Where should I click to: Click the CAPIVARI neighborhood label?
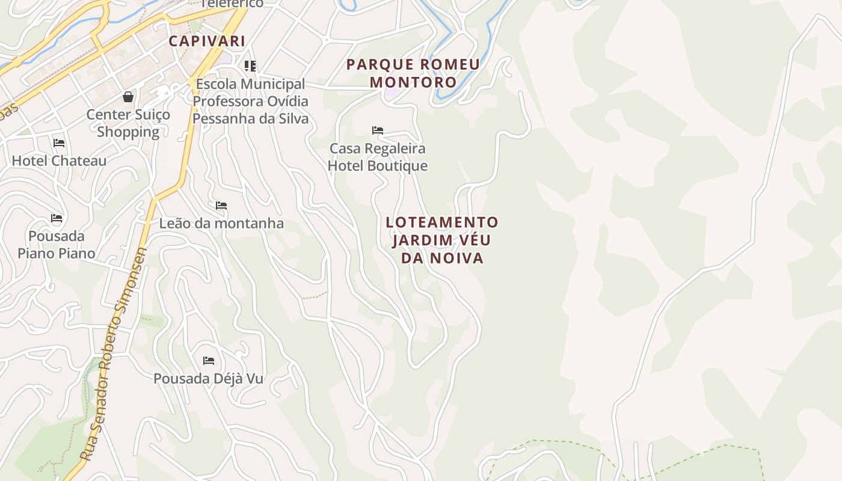[207, 41]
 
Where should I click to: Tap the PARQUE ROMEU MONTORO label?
[413, 73]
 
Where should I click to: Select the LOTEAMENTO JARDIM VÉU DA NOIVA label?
[442, 240]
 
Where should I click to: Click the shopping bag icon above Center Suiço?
[128, 96]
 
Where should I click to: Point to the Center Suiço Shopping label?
[128, 123]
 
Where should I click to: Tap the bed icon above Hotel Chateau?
[59, 143]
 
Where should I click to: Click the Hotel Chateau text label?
[59, 161]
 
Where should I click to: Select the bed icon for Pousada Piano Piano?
[57, 218]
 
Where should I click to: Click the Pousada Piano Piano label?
[57, 244]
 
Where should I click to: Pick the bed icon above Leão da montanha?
[221, 206]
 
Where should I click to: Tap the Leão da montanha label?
[221, 223]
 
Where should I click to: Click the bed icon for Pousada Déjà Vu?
[209, 361]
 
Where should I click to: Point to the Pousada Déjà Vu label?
[209, 379]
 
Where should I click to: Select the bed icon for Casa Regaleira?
[378, 130]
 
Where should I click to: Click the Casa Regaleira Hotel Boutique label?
[378, 157]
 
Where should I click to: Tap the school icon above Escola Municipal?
[250, 66]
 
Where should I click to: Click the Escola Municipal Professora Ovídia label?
[250, 101]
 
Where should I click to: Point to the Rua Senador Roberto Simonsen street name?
[114, 355]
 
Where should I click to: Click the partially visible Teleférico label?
[232, 4]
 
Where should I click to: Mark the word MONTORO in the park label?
[413, 82]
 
